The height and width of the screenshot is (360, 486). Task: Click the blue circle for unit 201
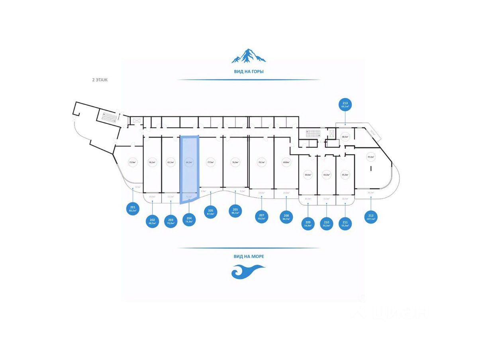pyautogui.click(x=133, y=209)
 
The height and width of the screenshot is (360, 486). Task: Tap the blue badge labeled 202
pyautogui.click(x=152, y=221)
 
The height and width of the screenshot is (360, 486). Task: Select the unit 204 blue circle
pyautogui.click(x=189, y=220)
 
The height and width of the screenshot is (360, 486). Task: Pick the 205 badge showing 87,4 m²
pyautogui.click(x=211, y=212)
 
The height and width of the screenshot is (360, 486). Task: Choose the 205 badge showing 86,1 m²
pyautogui.click(x=235, y=211)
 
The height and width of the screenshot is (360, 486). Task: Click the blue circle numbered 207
pyautogui.click(x=261, y=217)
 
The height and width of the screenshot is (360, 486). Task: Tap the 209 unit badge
pyautogui.click(x=308, y=222)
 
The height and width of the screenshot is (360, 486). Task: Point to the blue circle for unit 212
pyautogui.click(x=371, y=217)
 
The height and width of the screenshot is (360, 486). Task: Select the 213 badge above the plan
pyautogui.click(x=345, y=105)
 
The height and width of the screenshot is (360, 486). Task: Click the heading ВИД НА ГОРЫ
pyautogui.click(x=249, y=72)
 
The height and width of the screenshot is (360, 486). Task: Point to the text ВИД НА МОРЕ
pyautogui.click(x=249, y=256)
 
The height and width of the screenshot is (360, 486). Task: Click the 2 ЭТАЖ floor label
pyautogui.click(x=100, y=80)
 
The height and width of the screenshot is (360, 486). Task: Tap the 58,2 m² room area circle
pyautogui.click(x=152, y=162)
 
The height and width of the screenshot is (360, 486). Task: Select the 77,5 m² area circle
pyautogui.click(x=210, y=162)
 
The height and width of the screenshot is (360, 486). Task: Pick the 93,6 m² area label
pyautogui.click(x=371, y=157)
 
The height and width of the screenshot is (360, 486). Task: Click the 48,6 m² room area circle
pyautogui.click(x=345, y=137)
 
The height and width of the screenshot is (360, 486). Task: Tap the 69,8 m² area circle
pyautogui.click(x=286, y=162)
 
